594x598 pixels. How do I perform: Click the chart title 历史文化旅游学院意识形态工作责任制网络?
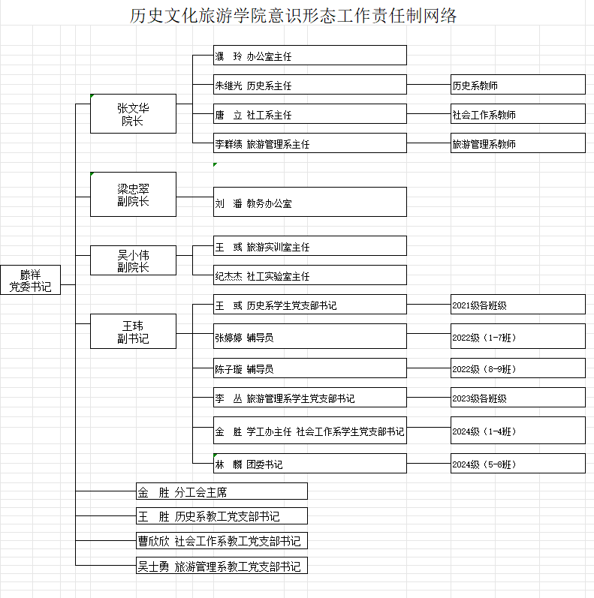coord(293,16)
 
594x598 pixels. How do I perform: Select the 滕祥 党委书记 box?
coord(30,280)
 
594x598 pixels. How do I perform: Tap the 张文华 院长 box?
coord(133,113)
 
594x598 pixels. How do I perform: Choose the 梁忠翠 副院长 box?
coord(133,194)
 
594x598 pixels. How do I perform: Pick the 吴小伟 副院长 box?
coord(133,260)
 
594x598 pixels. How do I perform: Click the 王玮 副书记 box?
coord(133,331)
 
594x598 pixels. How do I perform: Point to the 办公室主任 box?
coord(310,56)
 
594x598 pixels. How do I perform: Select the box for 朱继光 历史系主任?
coord(310,84)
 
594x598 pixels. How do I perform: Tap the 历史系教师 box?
coord(518,84)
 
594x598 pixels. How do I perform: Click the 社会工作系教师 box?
coord(518,113)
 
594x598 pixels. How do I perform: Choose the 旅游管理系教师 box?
coord(518,143)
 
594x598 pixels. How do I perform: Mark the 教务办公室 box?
coord(310,202)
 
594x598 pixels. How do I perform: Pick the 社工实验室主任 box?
coord(310,275)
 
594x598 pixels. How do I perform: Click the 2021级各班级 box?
coord(518,305)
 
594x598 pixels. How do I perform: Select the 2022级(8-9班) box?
coord(518,368)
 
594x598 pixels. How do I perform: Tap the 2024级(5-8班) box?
coord(518,464)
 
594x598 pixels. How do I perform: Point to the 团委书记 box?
coord(310,464)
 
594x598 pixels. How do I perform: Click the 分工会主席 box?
coord(222,491)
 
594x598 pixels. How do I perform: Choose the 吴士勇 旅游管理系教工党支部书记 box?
coord(222,565)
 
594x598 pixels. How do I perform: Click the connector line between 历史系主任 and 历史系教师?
coord(429,84)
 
